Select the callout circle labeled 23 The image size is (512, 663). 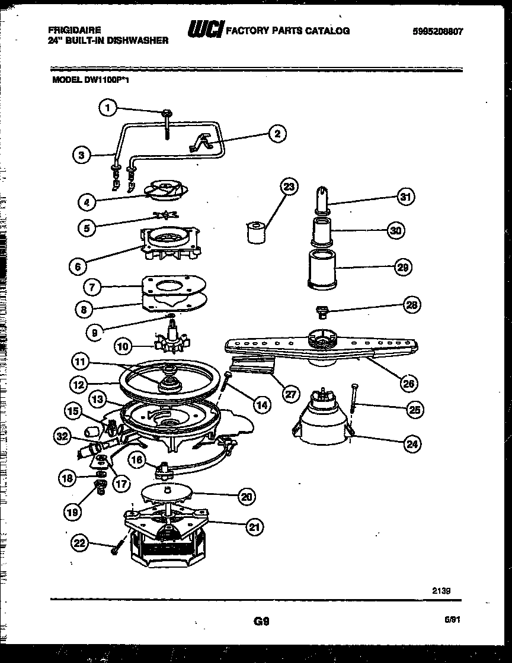pyautogui.click(x=289, y=187)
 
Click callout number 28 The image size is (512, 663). pyautogui.click(x=411, y=305)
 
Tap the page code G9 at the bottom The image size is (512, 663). pyautogui.click(x=261, y=622)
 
